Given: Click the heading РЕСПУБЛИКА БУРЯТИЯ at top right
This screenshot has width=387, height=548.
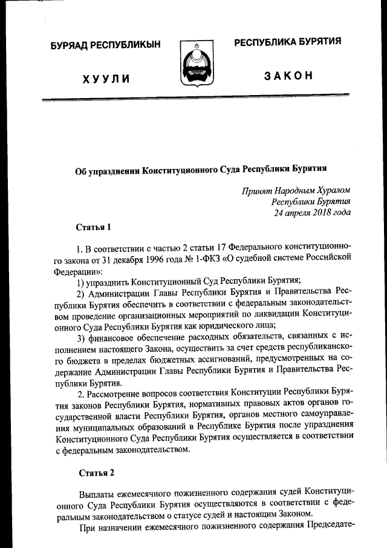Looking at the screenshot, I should tap(287, 42).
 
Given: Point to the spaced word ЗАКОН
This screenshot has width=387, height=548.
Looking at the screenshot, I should tap(288, 76).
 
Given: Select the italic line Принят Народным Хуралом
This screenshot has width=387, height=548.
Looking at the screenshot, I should tap(296, 190).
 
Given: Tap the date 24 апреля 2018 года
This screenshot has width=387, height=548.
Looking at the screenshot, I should tap(311, 212).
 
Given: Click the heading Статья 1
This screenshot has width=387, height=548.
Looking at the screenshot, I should tap(94, 228).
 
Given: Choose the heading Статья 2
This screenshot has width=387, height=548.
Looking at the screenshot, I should tap(94, 471).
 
